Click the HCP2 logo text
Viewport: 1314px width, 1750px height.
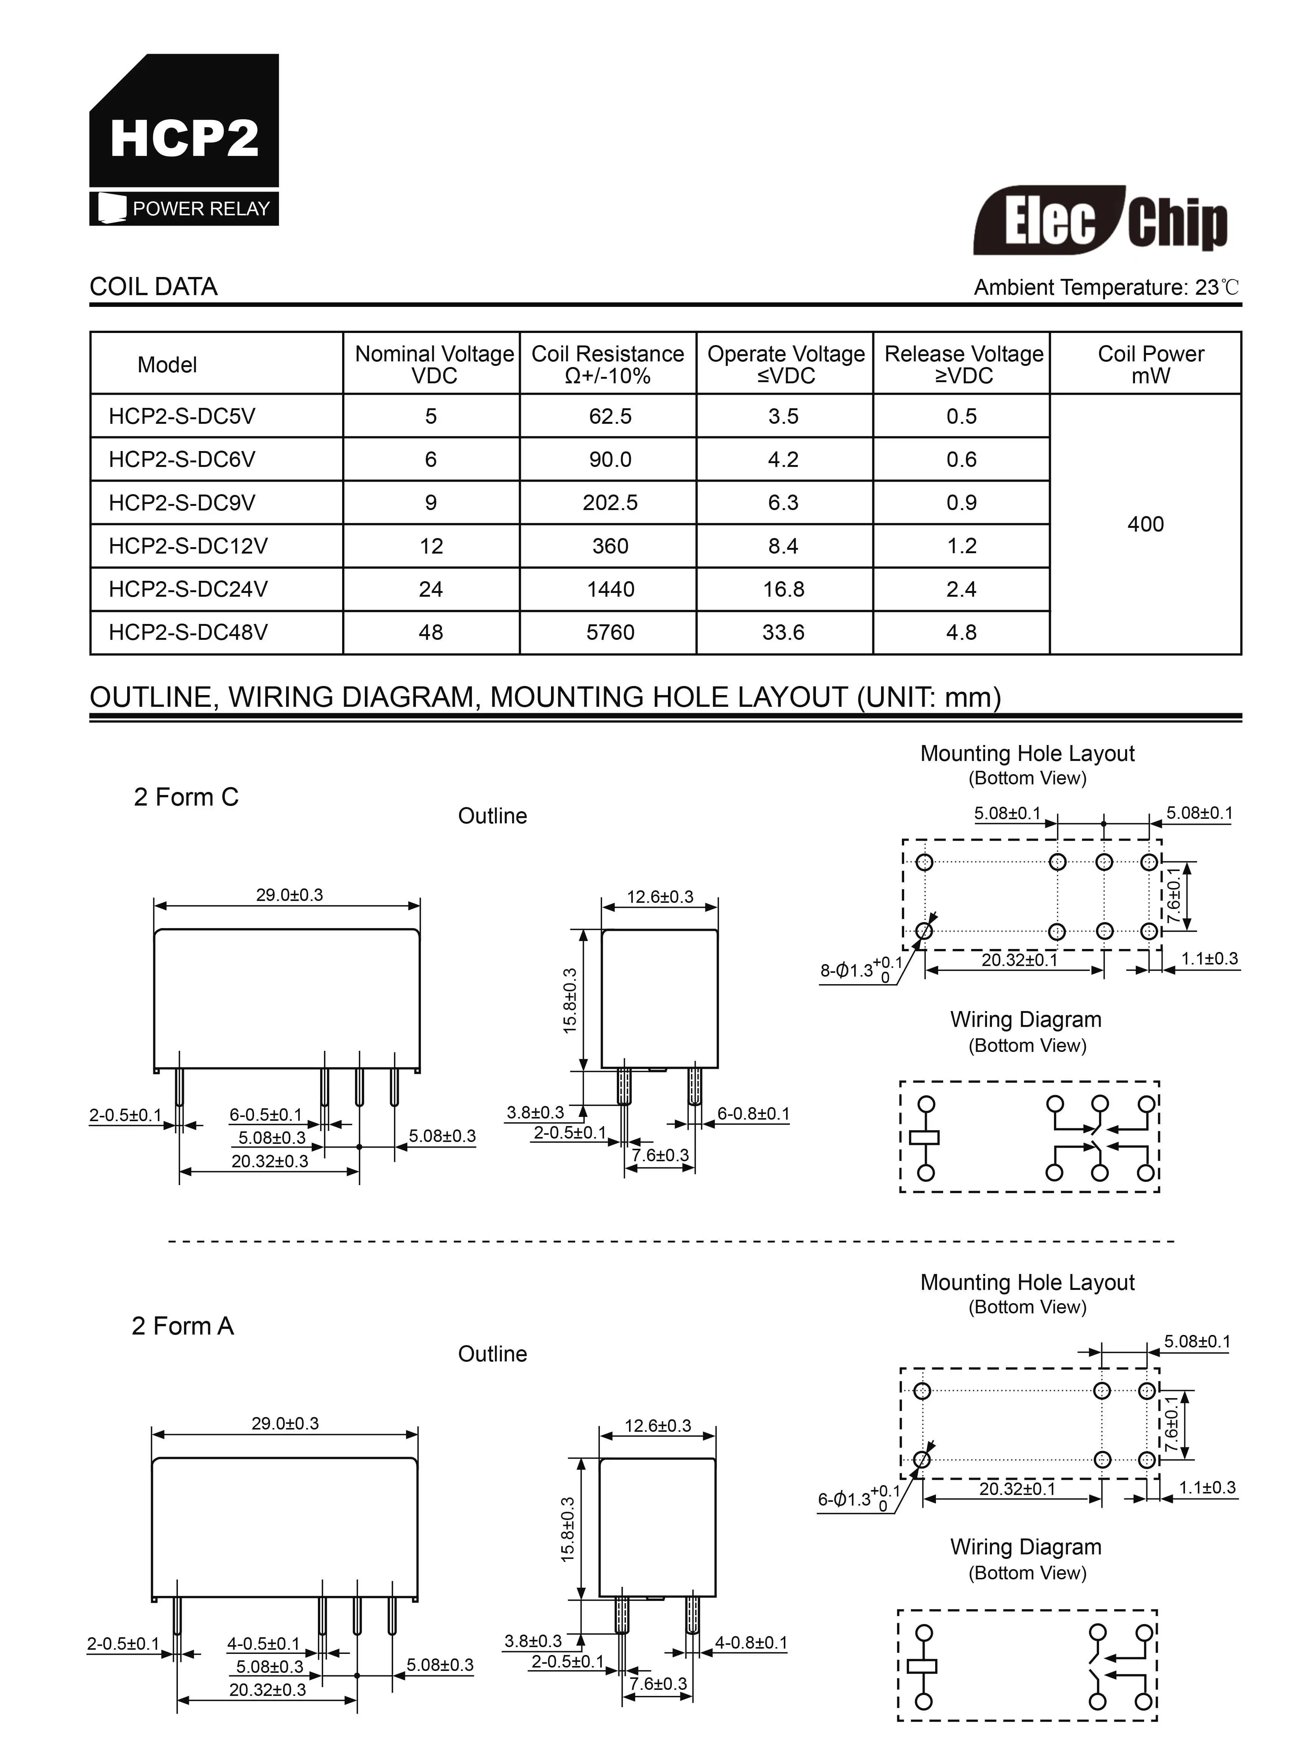pos(184,138)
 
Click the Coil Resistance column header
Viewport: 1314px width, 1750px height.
pos(607,364)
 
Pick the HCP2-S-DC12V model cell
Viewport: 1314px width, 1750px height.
pos(188,546)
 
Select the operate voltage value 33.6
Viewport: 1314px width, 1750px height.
pos(783,632)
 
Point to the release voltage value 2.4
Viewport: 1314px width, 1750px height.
pos(961,590)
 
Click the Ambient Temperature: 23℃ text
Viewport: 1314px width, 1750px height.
pos(1106,287)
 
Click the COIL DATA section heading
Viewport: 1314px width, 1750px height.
pos(154,286)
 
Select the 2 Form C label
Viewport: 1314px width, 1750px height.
pos(186,797)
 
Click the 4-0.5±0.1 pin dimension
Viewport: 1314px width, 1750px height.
pos(263,1643)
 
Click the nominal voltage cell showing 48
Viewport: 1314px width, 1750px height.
pos(431,632)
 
